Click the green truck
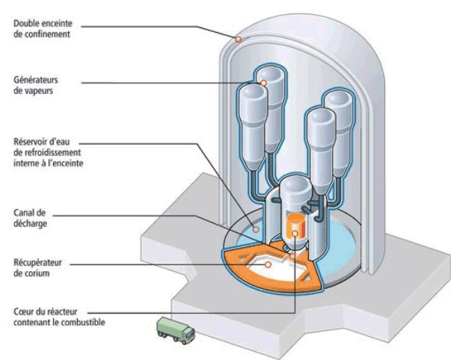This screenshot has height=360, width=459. (176, 330)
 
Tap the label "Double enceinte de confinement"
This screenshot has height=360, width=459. (43, 28)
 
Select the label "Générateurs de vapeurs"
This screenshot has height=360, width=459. (36, 85)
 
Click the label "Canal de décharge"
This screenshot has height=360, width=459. (30, 218)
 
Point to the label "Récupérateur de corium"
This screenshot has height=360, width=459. (37, 268)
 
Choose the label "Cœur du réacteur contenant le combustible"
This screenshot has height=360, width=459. (59, 317)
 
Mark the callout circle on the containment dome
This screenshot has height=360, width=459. (238, 39)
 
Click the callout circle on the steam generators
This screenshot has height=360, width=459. (263, 83)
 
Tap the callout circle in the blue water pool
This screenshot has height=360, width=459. (256, 229)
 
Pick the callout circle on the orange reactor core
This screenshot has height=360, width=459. (295, 233)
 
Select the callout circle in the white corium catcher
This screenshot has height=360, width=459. (268, 264)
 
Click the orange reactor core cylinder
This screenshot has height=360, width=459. (295, 226)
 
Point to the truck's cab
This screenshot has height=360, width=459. (188, 335)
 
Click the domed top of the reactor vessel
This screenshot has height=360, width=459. (295, 184)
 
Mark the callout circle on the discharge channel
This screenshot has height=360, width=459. (292, 257)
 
